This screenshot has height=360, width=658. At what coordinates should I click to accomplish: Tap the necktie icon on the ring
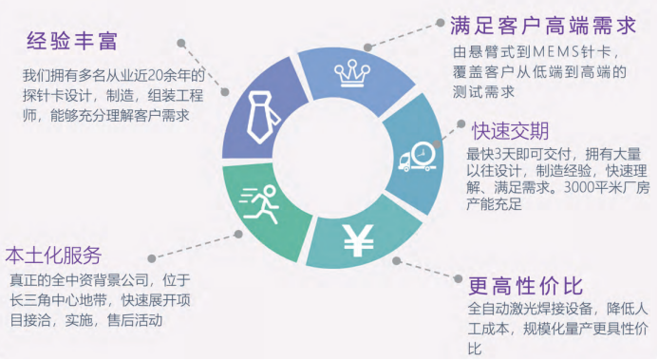[261, 111]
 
